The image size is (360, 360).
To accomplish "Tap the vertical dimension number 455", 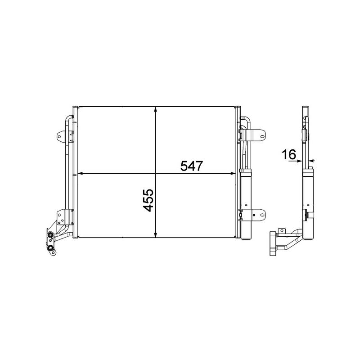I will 148,201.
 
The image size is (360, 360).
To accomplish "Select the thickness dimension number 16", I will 288,155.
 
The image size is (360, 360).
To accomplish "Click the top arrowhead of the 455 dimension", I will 155,109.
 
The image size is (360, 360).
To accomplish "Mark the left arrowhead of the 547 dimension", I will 81,173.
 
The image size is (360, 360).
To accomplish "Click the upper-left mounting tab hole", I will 60,135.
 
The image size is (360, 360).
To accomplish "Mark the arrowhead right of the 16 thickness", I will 311,160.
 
